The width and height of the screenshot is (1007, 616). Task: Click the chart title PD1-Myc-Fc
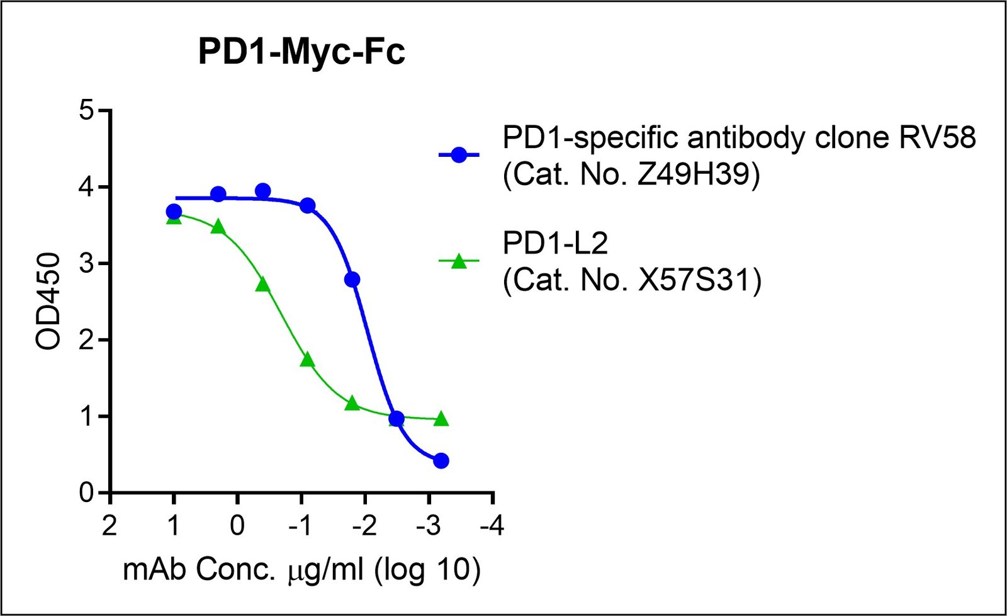(x=301, y=52)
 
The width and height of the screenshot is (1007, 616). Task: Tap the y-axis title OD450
(x=48, y=301)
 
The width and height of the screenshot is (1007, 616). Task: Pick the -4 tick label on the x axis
(x=492, y=525)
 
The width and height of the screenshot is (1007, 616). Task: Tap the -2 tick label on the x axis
(x=364, y=525)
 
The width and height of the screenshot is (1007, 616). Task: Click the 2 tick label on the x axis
(x=110, y=525)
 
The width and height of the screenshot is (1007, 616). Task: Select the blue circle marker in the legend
(x=459, y=155)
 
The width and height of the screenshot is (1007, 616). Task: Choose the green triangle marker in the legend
(x=459, y=261)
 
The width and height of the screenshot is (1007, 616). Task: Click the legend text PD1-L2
(x=555, y=244)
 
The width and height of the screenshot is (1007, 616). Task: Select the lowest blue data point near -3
(x=441, y=461)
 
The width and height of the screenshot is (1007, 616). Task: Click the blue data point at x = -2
(x=352, y=279)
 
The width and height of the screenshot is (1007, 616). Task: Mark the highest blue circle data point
(x=263, y=191)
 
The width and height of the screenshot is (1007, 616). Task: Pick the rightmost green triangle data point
(x=441, y=419)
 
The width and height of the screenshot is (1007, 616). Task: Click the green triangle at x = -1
(x=307, y=360)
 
